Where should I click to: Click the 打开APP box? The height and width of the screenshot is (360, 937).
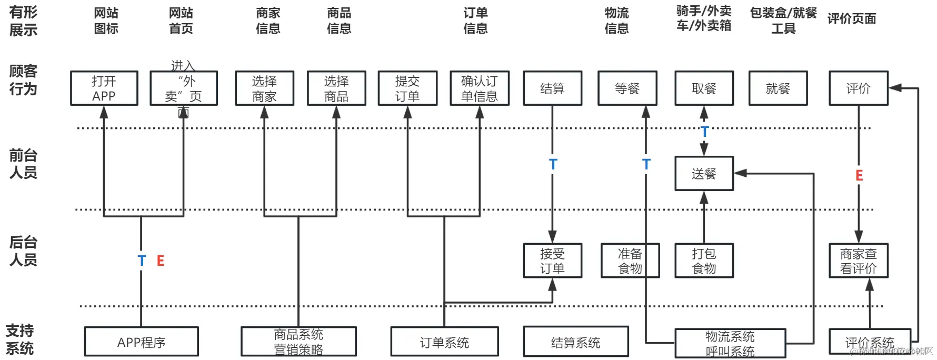[104, 88]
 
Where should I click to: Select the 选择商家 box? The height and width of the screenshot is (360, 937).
[264, 88]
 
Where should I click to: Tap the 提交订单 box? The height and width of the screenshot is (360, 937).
[407, 88]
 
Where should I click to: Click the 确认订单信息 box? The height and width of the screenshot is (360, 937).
[480, 88]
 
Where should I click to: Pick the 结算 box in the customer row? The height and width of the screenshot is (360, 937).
[552, 88]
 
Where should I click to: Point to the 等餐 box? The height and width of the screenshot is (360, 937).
[627, 88]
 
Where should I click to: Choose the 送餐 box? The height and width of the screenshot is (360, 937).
[704, 173]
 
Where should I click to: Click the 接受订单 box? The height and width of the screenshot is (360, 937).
[552, 261]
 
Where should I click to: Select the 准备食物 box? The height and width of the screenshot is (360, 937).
[630, 261]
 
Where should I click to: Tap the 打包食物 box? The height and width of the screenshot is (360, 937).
[704, 261]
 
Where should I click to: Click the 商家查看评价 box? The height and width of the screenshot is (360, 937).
[858, 261]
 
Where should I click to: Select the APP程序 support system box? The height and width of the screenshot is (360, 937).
[141, 342]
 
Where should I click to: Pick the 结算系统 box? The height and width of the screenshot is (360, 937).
[575, 342]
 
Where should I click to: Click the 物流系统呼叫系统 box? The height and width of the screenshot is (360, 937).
[730, 343]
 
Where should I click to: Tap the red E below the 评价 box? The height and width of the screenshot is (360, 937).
[859, 175]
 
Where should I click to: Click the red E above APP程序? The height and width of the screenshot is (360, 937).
[161, 261]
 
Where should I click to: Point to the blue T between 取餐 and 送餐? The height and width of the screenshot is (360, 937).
[704, 132]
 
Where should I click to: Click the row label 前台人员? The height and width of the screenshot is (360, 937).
[23, 164]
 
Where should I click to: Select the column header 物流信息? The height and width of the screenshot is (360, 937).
[616, 21]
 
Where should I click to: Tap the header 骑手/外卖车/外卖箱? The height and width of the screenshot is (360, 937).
[704, 18]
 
